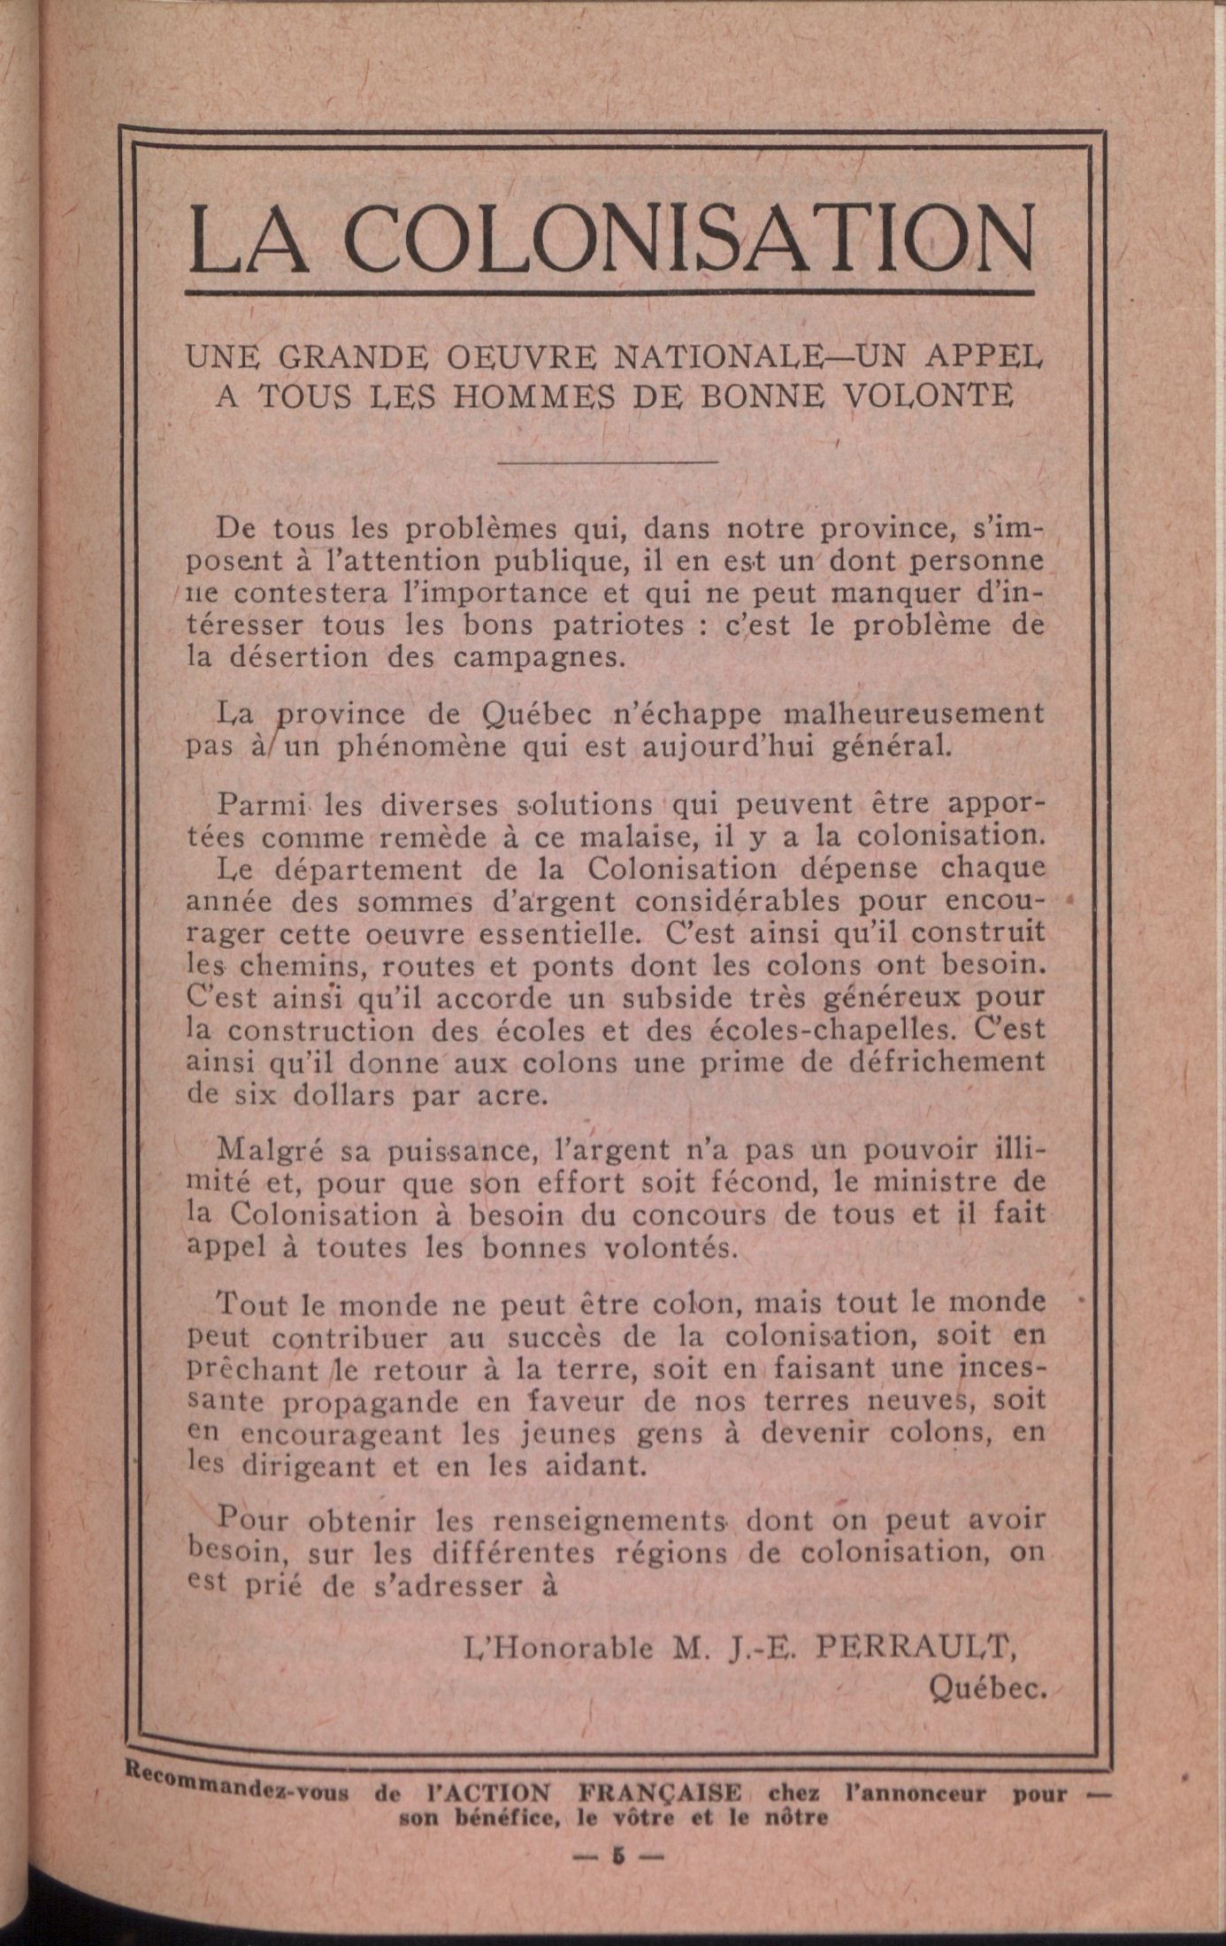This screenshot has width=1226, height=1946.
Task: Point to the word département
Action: coord(369,869)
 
